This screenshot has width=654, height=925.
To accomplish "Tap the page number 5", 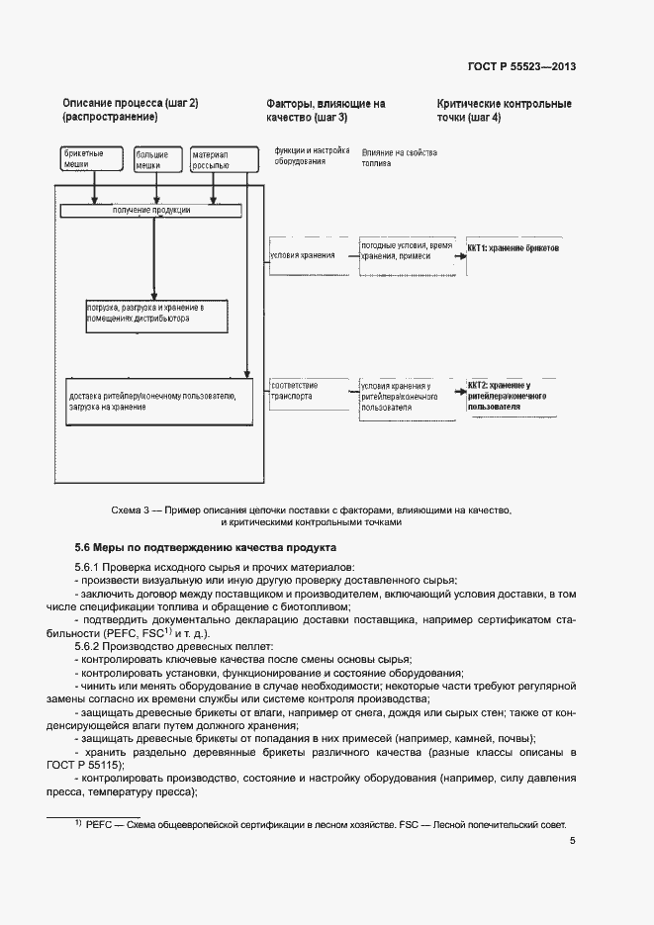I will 573,841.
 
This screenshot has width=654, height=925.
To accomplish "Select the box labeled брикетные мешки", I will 77,160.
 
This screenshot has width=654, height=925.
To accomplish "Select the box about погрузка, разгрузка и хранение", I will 154,315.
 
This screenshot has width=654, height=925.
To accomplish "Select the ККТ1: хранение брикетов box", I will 513,249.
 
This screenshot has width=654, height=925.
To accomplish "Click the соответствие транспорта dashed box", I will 301,390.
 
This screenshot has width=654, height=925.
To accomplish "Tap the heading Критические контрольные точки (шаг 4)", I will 504,110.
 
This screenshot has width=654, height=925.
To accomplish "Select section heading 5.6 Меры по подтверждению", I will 206,547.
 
